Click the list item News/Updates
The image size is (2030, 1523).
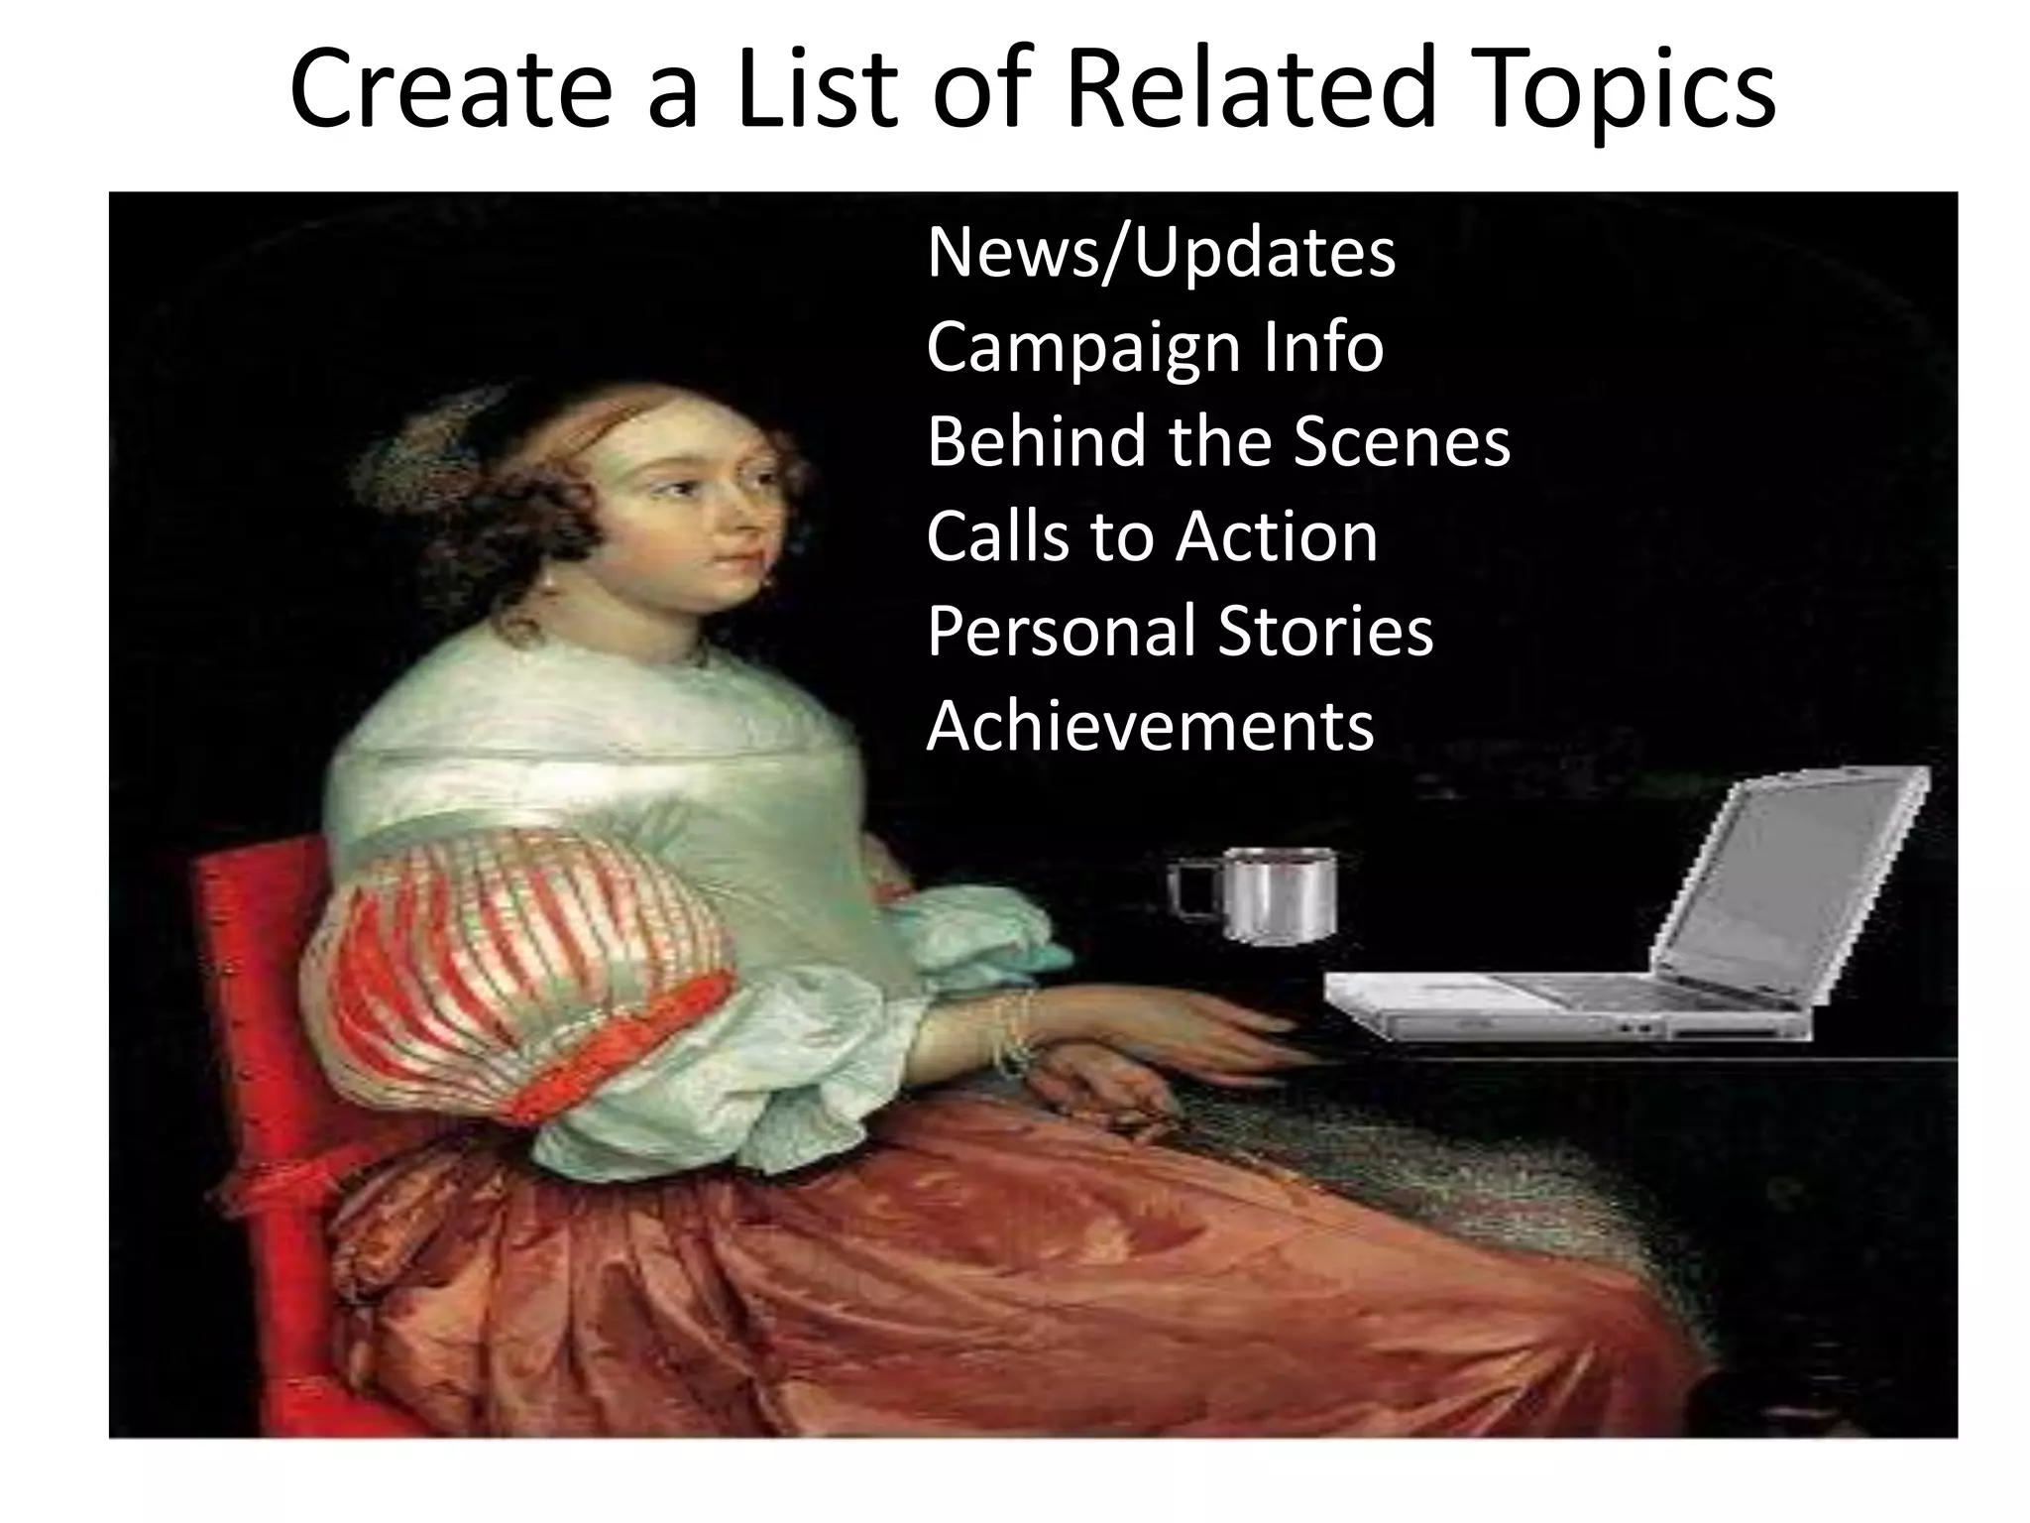pos(1161,253)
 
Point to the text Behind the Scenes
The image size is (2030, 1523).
pos(1218,441)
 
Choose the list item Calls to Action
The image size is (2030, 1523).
pos(1152,536)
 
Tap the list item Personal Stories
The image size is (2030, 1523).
pos(1180,631)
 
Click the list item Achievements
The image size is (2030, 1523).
pos(1150,726)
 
